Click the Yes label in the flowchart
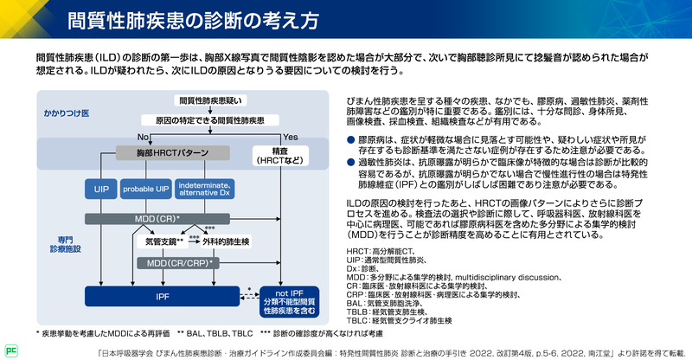point(290,137)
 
